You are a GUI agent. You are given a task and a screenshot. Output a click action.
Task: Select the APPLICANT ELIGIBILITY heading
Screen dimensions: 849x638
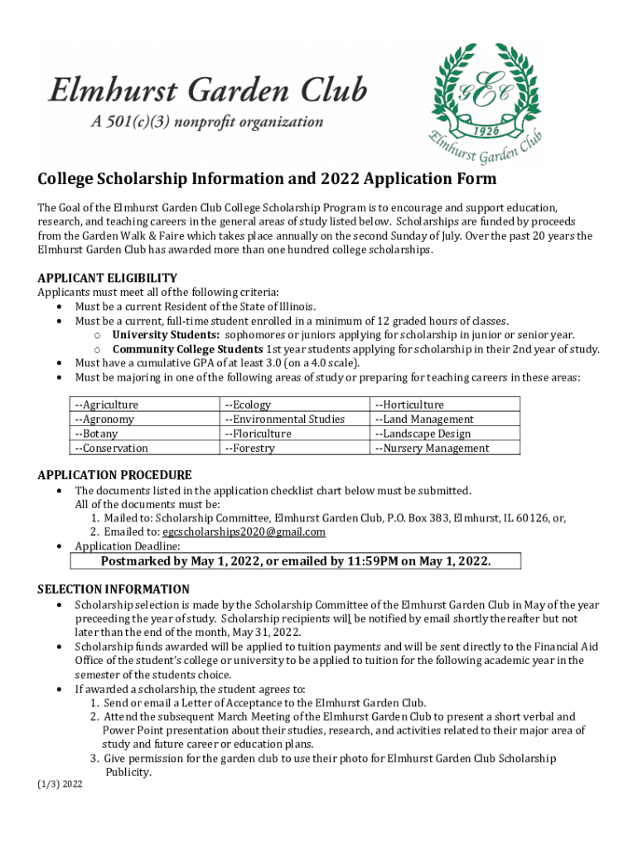107,278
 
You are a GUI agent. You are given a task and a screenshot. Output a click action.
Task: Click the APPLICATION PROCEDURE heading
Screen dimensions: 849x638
114,475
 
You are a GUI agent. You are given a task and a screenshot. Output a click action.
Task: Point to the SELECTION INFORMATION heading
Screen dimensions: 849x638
114,589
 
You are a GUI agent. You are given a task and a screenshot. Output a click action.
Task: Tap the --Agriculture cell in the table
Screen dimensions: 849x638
107,405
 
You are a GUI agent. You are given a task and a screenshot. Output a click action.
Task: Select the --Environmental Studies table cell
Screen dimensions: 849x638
284,420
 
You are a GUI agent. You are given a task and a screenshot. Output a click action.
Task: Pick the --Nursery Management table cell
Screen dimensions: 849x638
432,449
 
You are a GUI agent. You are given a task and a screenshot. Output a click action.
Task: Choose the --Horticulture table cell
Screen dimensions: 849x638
409,405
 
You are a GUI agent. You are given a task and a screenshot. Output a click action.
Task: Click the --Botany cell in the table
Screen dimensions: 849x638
96,434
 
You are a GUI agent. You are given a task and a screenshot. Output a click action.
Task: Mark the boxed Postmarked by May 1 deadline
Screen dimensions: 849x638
296,561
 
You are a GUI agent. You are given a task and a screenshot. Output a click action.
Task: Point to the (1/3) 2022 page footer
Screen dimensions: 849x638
60,783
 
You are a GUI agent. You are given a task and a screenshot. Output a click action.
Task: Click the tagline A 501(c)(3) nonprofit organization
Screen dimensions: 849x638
207,122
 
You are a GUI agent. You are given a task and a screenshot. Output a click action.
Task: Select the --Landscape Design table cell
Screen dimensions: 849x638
423,434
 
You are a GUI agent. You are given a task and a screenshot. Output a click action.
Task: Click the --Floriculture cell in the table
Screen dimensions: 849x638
258,434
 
